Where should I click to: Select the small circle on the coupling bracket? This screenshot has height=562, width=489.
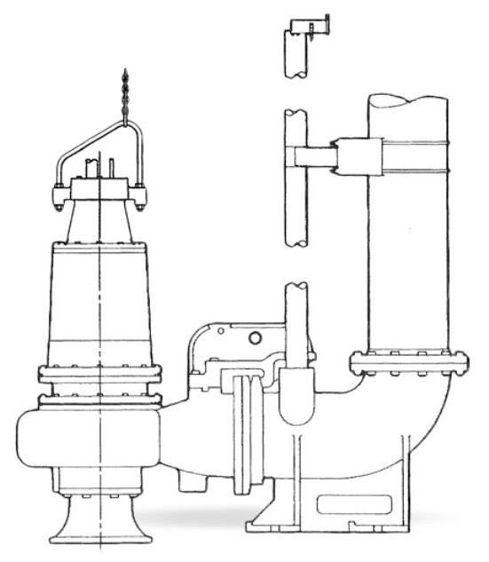(256, 337)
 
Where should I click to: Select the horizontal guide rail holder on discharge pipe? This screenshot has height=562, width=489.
(315, 157)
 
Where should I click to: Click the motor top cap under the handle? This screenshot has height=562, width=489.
(99, 189)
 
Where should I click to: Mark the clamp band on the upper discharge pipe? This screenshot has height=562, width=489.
(409, 164)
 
